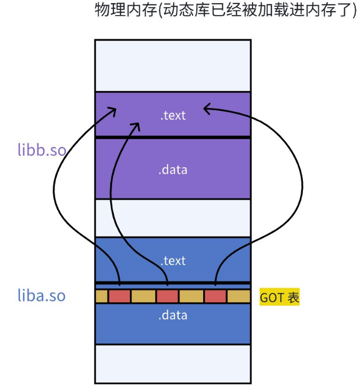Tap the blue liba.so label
click(x=42, y=296)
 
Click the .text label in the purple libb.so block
click(x=173, y=115)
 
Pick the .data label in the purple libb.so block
click(x=173, y=169)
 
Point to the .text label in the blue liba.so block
click(x=173, y=260)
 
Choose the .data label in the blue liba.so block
click(x=173, y=315)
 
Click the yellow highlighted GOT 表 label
click(x=279, y=298)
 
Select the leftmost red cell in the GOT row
click(x=119, y=296)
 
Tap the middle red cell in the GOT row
click(x=167, y=296)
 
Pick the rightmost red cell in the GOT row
click(x=215, y=296)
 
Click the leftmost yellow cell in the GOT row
click(x=101, y=296)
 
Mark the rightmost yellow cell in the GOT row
click(x=239, y=296)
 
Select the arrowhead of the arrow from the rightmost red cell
click(x=206, y=108)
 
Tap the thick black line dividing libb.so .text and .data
click(x=173, y=137)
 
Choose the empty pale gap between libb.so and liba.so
click(x=173, y=218)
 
